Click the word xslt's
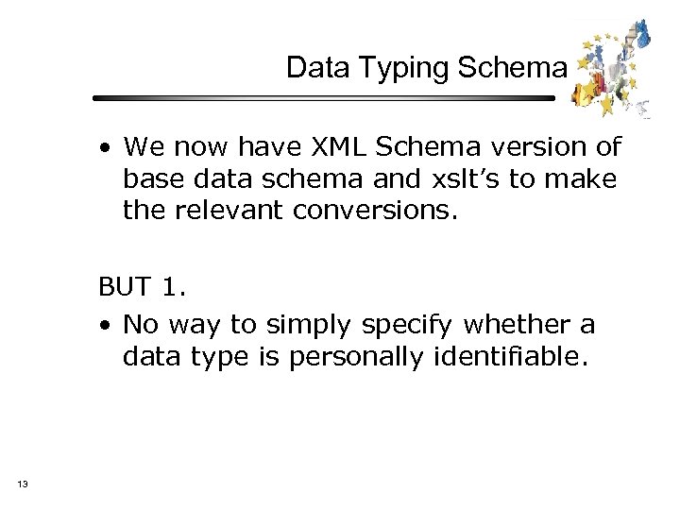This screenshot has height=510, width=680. pyautogui.click(x=429, y=179)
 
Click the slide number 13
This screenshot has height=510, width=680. pyautogui.click(x=22, y=484)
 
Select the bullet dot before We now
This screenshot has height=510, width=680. pyautogui.click(x=110, y=148)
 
